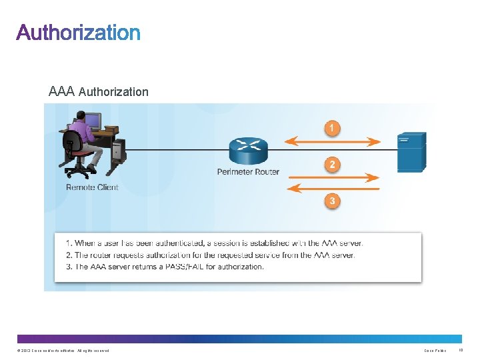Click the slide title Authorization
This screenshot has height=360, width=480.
(79, 33)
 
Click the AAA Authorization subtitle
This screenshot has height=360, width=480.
(99, 91)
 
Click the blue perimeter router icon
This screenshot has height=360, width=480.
(247, 151)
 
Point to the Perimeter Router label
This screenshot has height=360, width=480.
(248, 172)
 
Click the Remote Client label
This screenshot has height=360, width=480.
(92, 187)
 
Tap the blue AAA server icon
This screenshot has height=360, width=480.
(411, 152)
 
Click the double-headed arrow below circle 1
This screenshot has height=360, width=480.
(332, 141)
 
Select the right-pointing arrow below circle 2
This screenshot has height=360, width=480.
(332, 178)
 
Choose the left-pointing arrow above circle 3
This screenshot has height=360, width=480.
(332, 189)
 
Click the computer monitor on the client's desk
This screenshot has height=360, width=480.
(93, 121)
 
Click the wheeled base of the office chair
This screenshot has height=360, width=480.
(79, 172)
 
